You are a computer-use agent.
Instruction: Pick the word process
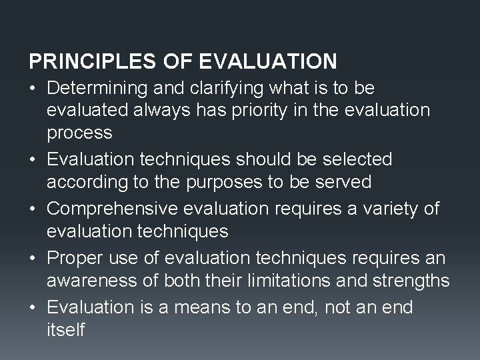click(79, 132)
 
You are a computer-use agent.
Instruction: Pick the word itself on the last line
click(66, 330)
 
